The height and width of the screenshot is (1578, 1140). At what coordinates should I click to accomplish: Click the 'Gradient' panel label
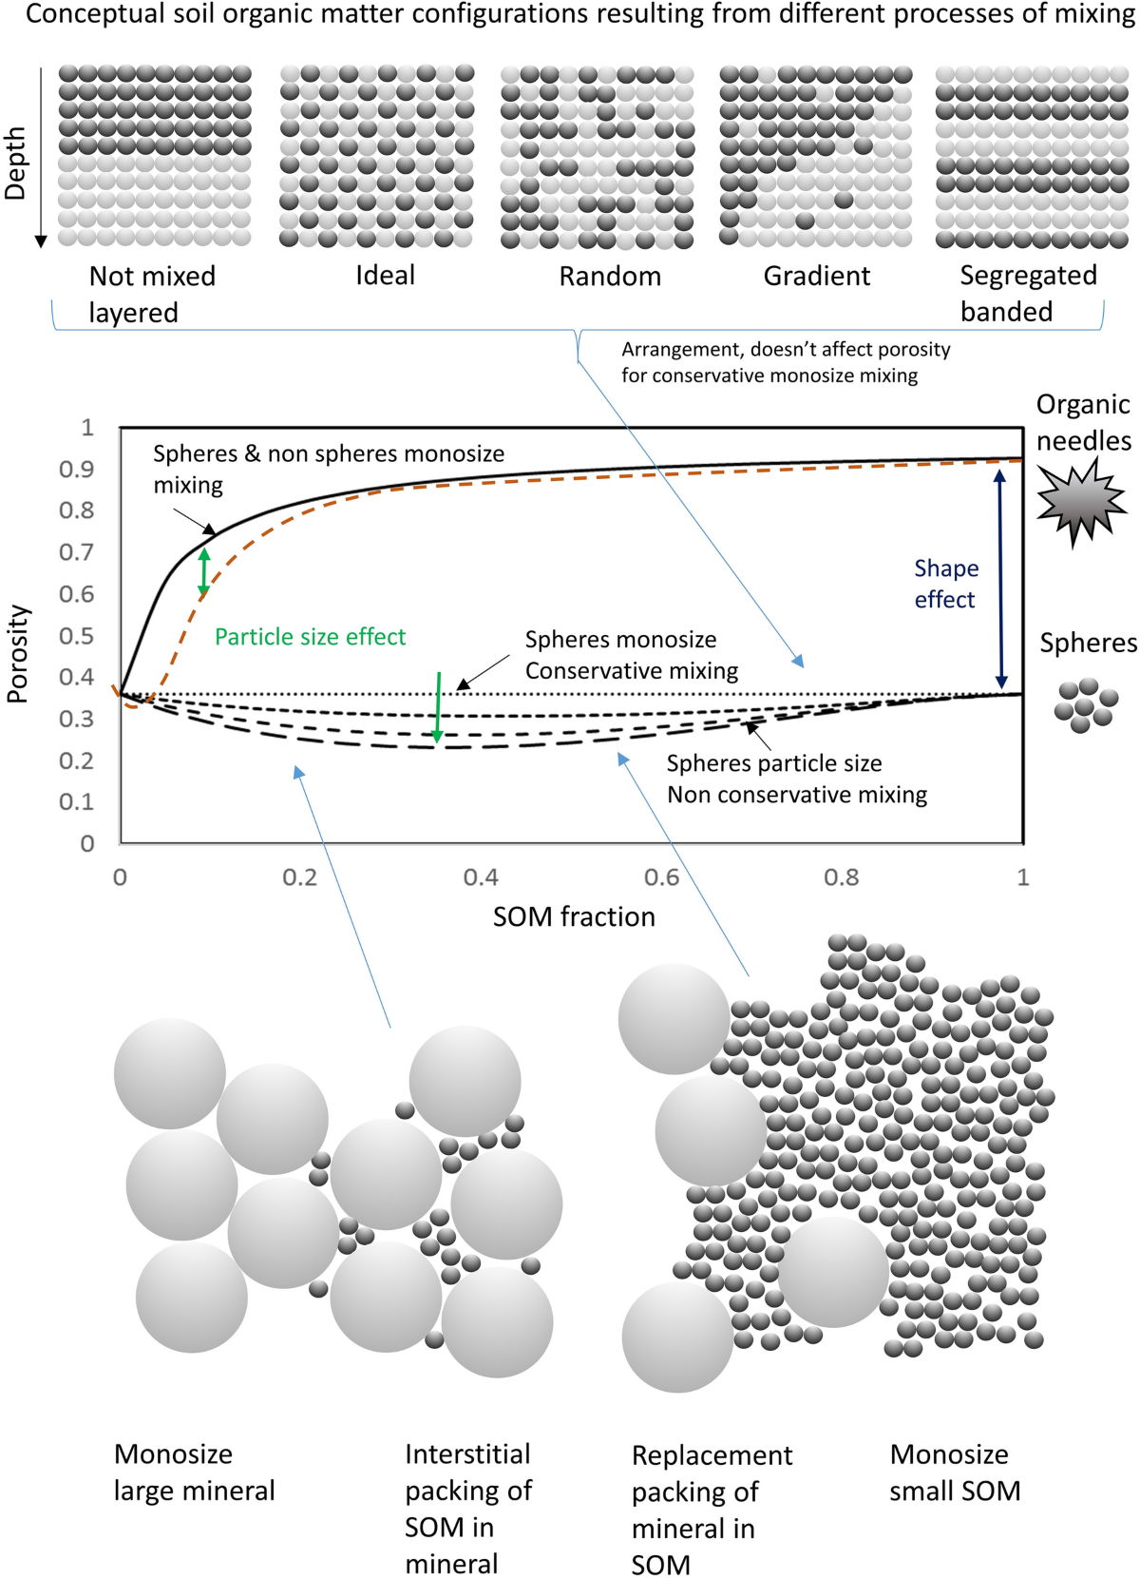817,276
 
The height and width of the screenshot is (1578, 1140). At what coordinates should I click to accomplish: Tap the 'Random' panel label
610,276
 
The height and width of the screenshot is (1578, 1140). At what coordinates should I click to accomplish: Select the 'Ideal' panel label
385,275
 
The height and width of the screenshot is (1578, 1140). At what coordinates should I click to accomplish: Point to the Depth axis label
16,164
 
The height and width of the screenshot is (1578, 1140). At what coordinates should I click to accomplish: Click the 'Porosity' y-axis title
17,654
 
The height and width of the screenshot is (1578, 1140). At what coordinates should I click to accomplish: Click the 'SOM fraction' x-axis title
574,916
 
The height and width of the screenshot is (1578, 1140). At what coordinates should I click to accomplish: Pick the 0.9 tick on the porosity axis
76,469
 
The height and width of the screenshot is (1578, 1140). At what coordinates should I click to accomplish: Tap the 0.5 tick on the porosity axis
76,635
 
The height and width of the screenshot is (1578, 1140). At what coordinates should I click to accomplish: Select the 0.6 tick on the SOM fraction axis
661,877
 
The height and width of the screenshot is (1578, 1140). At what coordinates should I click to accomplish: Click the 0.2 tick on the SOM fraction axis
300,877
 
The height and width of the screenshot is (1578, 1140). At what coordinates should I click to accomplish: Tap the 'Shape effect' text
945,584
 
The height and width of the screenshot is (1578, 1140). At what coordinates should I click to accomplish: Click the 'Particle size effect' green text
310,637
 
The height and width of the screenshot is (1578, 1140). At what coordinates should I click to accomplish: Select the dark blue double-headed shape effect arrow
1000,579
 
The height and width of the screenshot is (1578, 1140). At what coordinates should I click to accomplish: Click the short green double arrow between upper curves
203,572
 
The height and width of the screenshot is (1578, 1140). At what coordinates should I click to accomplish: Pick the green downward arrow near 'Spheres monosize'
438,707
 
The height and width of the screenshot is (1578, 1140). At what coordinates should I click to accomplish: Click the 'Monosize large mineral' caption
194,1472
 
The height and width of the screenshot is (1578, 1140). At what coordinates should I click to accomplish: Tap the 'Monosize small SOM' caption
954,1472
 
